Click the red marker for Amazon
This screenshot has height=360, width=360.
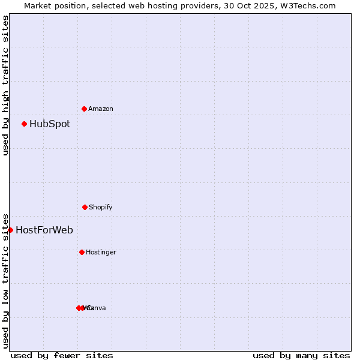coord(84,109)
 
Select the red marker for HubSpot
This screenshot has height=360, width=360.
coord(24,124)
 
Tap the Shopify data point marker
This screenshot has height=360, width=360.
coord(85,207)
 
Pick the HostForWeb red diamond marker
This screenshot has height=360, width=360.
coord(10,230)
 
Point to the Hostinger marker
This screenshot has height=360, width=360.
coord(82,252)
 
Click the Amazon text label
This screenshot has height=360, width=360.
coord(101,109)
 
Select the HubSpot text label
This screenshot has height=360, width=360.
coord(50,124)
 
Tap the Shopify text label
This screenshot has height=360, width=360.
coord(101,207)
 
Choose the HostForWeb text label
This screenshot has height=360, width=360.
coord(44,230)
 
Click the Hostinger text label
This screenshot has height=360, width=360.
coord(101,252)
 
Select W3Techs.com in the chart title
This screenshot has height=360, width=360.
coord(306,5)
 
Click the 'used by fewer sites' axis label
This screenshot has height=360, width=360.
coord(62,355)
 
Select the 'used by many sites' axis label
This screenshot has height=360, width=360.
coord(301,355)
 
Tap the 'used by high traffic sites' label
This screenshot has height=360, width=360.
coord(5,85)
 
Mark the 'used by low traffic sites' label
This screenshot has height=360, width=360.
coord(5,280)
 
